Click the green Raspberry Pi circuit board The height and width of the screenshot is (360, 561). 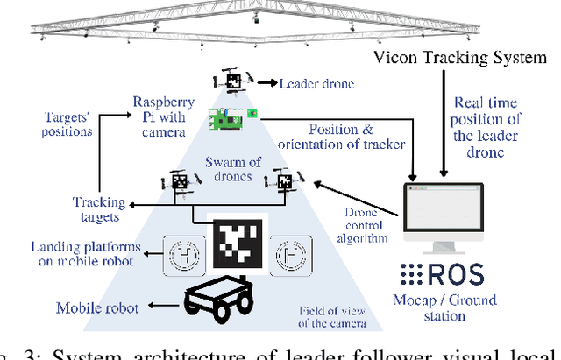coord(232,115)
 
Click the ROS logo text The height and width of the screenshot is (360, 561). coord(442,275)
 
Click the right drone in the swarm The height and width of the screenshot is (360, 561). coord(285,182)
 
